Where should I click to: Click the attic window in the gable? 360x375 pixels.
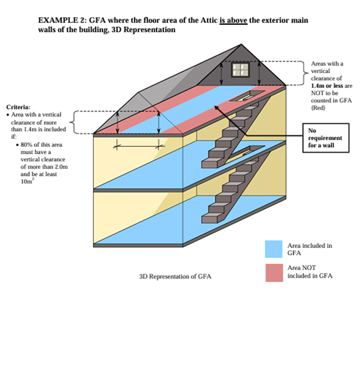click(x=240, y=69)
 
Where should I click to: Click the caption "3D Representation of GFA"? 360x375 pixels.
click(x=176, y=277)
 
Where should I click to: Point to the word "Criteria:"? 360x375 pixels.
click(x=18, y=107)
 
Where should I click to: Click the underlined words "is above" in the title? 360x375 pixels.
click(x=233, y=21)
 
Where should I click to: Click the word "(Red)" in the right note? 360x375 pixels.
click(x=318, y=107)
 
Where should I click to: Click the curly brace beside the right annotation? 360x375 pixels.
click(x=303, y=73)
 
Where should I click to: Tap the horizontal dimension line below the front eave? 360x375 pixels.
click(x=137, y=146)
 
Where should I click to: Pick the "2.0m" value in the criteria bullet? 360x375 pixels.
click(x=60, y=166)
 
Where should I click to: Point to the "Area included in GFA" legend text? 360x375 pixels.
click(x=309, y=249)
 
